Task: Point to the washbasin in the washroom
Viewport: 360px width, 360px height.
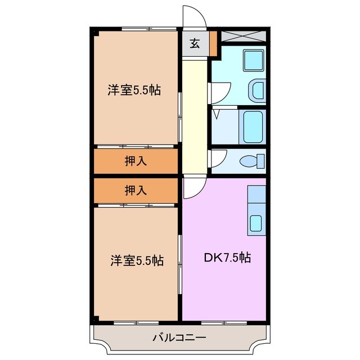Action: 256,90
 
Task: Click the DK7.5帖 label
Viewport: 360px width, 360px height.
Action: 227,258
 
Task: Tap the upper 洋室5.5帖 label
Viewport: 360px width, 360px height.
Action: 134,90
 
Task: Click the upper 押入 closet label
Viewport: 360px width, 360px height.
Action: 136,161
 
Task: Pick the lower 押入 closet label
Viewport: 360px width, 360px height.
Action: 136,190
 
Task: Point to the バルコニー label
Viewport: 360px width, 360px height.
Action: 179,339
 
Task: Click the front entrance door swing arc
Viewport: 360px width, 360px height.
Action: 195,15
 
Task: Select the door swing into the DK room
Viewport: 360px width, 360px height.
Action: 194,188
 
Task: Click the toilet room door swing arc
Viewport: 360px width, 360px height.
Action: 218,157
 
